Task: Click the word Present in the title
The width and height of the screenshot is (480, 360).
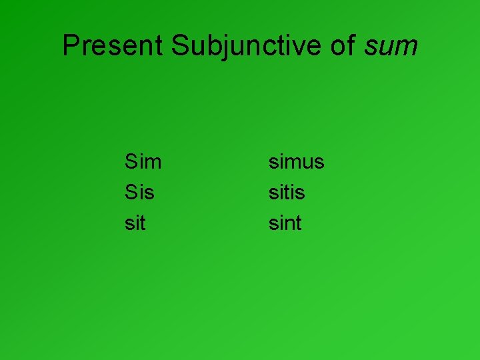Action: click(113, 46)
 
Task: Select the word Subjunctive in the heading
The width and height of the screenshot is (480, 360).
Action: click(247, 46)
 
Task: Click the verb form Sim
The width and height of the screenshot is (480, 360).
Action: click(143, 162)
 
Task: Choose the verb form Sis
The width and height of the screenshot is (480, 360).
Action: click(139, 193)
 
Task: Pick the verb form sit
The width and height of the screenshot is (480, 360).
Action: click(135, 223)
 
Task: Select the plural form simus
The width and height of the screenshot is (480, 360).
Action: click(296, 162)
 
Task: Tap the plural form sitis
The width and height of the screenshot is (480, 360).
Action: click(287, 193)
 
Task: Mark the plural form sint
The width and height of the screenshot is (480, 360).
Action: click(285, 223)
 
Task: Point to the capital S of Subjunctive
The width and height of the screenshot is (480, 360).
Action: click(180, 46)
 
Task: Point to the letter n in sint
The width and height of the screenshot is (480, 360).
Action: click(289, 225)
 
